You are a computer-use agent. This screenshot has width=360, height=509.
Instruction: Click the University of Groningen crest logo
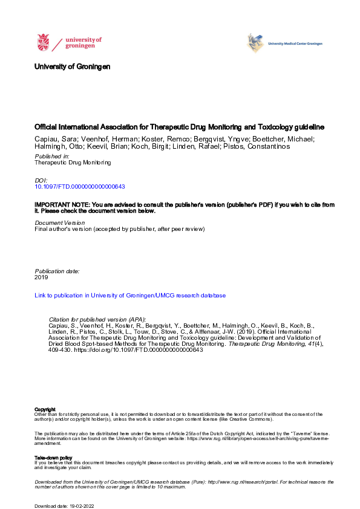point(44,43)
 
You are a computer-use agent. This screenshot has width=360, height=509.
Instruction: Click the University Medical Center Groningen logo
point(284,44)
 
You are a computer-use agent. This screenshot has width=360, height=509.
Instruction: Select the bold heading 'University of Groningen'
point(73,66)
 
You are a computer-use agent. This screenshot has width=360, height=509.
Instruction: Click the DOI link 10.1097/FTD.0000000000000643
point(80,187)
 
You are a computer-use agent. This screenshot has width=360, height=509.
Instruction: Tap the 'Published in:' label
point(52,156)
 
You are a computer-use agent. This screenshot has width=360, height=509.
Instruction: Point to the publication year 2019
point(42,278)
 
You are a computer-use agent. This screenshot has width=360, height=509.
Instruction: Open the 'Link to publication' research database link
point(130,296)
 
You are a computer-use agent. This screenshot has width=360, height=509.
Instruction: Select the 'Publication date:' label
point(57,271)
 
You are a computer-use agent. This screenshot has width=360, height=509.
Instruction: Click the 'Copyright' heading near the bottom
point(45,409)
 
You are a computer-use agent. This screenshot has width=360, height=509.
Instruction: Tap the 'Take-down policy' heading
point(54,458)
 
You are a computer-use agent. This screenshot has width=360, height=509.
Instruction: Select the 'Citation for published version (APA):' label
point(97,319)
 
